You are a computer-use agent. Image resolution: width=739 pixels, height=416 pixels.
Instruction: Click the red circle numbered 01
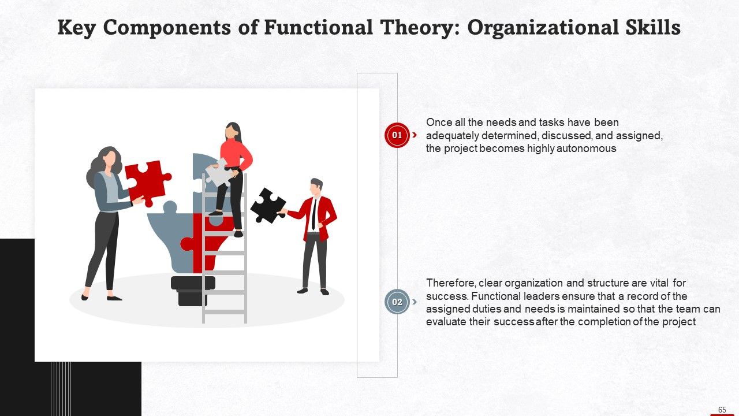point(397,135)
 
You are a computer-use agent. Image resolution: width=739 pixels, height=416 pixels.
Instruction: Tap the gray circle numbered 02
point(397,302)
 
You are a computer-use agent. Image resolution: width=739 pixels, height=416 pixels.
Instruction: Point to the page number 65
point(722,410)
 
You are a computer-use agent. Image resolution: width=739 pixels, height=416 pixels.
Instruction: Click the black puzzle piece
point(267,206)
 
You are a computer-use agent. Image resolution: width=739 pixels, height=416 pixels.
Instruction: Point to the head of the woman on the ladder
point(232,131)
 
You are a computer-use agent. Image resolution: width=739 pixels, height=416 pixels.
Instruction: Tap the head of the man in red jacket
point(316,187)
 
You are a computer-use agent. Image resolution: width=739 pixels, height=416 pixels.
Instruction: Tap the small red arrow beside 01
point(415,135)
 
